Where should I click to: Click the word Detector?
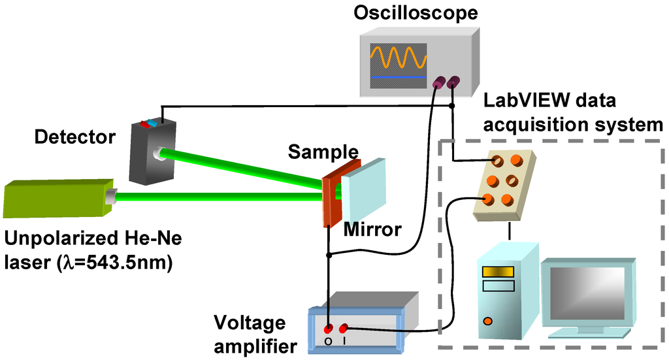[74, 137]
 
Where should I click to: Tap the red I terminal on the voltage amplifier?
[343, 327]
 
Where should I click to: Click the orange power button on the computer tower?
[487, 321]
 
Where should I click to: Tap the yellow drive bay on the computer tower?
[491, 271]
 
